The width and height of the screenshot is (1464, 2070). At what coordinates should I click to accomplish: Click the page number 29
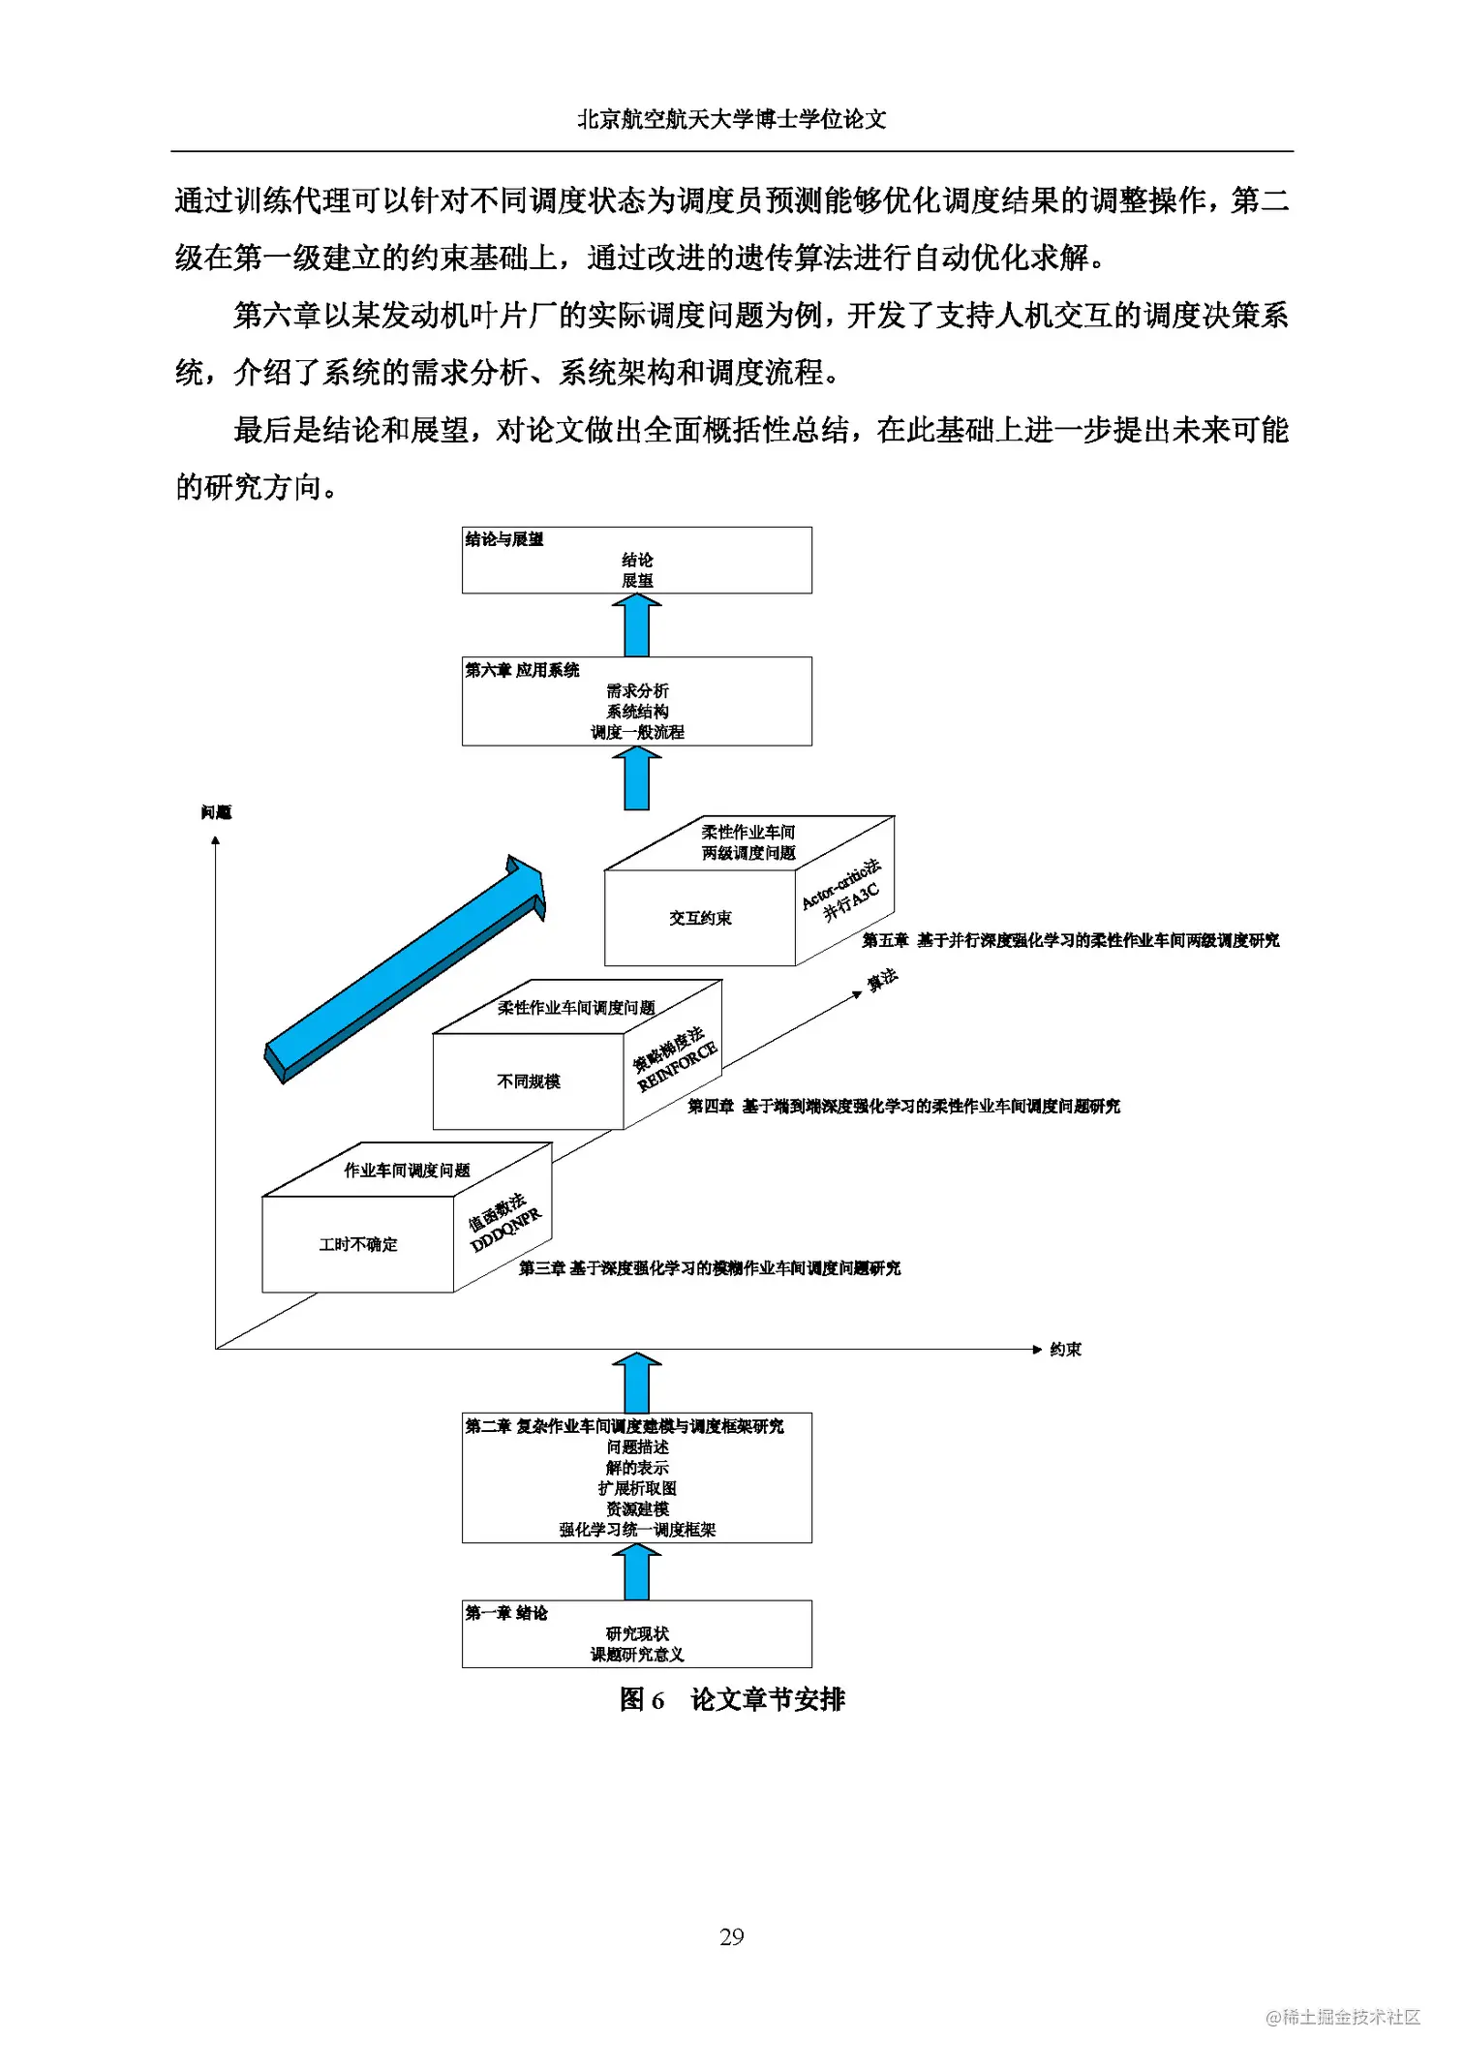click(x=731, y=1936)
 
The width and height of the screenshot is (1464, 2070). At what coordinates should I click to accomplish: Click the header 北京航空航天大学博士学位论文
click(x=731, y=119)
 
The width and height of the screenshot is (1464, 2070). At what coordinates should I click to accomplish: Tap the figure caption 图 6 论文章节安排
click(x=732, y=1699)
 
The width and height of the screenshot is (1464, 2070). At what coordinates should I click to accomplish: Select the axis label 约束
click(x=1065, y=1350)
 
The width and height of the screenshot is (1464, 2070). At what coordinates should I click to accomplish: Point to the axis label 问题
click(x=216, y=812)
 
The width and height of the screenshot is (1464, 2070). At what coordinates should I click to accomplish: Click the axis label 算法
click(x=882, y=980)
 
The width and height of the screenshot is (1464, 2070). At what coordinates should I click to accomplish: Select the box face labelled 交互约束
click(x=700, y=918)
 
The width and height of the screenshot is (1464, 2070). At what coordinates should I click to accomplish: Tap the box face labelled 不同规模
click(x=529, y=1081)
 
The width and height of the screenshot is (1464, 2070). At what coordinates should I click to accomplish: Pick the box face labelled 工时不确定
click(x=358, y=1245)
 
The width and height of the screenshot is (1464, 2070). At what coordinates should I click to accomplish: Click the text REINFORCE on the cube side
click(x=678, y=1066)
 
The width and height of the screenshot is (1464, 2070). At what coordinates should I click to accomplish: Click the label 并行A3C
click(x=852, y=901)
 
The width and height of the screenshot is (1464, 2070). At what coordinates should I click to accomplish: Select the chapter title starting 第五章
click(x=1070, y=940)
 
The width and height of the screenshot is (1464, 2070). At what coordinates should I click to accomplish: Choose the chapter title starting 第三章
click(x=709, y=1268)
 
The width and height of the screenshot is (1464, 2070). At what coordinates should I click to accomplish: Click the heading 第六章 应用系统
click(x=522, y=670)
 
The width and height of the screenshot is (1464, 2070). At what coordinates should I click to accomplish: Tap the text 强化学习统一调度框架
click(x=637, y=1530)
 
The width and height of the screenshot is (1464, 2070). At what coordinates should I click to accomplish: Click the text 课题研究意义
click(x=637, y=1655)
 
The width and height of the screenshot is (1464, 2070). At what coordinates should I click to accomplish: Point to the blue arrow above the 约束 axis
click(x=637, y=1383)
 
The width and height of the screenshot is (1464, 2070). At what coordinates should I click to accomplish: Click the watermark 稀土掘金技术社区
click(x=1343, y=2017)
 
